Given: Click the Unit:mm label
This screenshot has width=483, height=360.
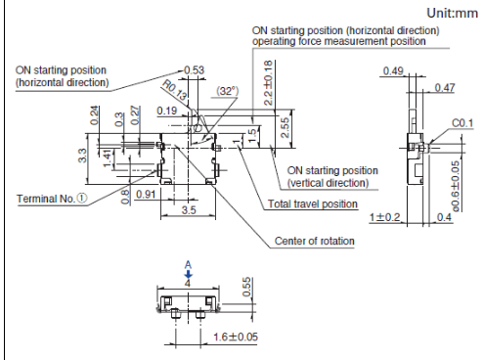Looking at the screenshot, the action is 452,14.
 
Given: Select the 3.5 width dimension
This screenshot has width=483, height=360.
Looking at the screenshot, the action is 189,209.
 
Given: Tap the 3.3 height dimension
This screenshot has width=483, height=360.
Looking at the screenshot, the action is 82,156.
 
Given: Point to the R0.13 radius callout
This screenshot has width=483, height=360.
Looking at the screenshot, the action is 175,90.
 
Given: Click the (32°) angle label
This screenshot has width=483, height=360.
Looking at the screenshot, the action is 228,91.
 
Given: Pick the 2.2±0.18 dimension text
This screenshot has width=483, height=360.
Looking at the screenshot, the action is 268,83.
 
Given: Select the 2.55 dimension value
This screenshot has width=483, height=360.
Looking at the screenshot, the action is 285,127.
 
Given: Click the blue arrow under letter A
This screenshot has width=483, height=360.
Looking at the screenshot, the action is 188,274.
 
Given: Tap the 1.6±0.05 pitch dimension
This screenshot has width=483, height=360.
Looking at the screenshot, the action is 236,337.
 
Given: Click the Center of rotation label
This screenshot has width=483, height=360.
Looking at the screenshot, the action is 315,241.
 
